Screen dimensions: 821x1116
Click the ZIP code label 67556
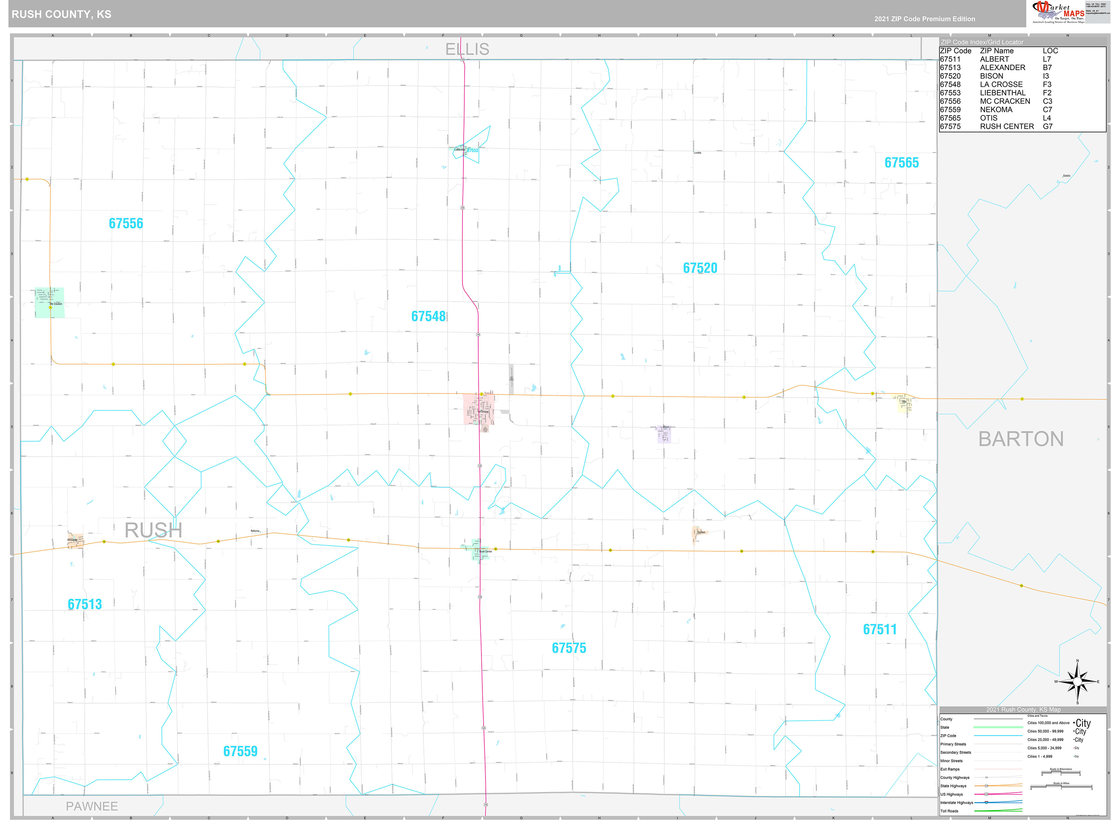pyautogui.click(x=126, y=224)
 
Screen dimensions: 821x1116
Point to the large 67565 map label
pyautogui.click(x=901, y=163)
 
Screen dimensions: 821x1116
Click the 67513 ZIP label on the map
pyautogui.click(x=85, y=604)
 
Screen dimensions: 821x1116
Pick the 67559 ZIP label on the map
pyautogui.click(x=240, y=752)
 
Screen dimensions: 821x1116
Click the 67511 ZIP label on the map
pyautogui.click(x=879, y=630)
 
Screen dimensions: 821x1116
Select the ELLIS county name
pyautogui.click(x=467, y=49)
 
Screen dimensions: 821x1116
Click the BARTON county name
pyautogui.click(x=1021, y=439)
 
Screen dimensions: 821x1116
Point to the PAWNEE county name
pyautogui.click(x=92, y=806)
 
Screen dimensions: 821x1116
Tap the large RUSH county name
pyautogui.click(x=153, y=530)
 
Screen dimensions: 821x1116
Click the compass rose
pyautogui.click(x=1077, y=681)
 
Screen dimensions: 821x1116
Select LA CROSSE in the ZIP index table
pyautogui.click(x=1001, y=85)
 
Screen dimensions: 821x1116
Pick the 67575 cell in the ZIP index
pyautogui.click(x=950, y=127)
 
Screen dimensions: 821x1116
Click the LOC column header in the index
pyautogui.click(x=1050, y=51)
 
